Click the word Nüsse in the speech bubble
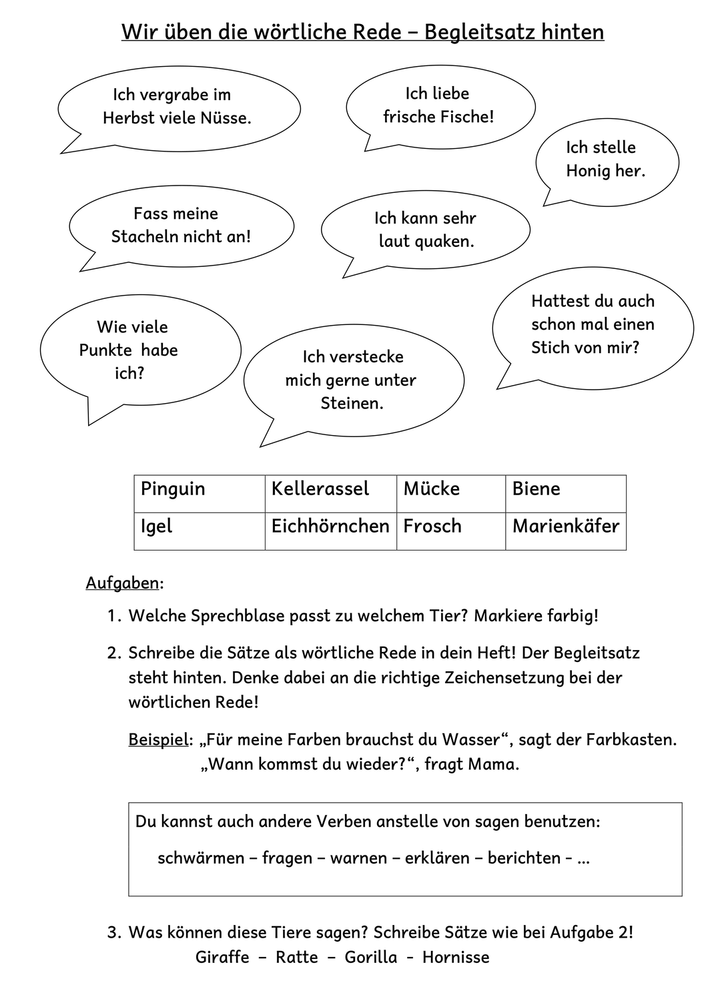[228, 119]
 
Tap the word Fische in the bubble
[466, 117]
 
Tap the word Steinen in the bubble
[352, 404]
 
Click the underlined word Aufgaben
[123, 583]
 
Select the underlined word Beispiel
[158, 740]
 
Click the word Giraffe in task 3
[222, 958]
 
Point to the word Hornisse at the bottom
[456, 958]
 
